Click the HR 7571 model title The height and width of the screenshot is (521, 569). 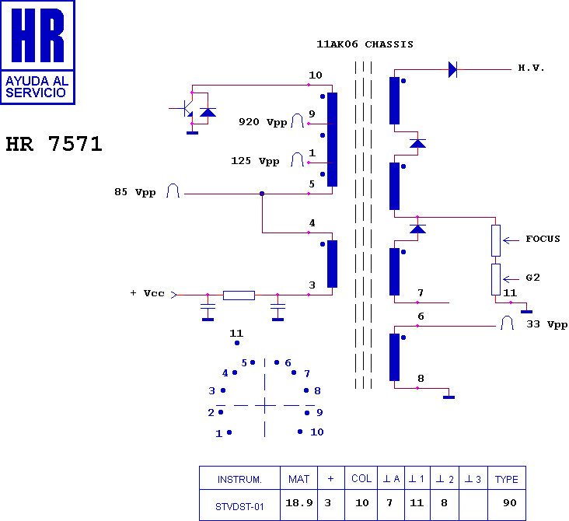[54, 144]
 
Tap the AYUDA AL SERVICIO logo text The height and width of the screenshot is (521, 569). [37, 87]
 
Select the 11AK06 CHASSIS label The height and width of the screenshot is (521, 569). [365, 44]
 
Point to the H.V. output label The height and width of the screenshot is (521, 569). [531, 68]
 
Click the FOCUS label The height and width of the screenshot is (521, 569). [543, 239]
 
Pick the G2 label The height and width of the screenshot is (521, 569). [532, 278]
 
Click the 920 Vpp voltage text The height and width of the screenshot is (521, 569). [263, 122]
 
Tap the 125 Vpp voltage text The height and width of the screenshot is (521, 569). [255, 161]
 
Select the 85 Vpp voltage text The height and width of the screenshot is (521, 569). [135, 192]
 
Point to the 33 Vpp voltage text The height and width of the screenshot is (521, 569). [547, 324]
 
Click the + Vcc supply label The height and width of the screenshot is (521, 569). [148, 293]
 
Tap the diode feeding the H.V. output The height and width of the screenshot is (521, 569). [452, 69]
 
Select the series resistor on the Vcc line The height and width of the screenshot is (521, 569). [239, 295]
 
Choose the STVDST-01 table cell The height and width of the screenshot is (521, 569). [239, 506]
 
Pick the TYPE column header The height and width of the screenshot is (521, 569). [507, 480]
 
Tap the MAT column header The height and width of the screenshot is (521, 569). [298, 479]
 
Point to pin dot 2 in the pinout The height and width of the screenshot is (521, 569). [221, 412]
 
